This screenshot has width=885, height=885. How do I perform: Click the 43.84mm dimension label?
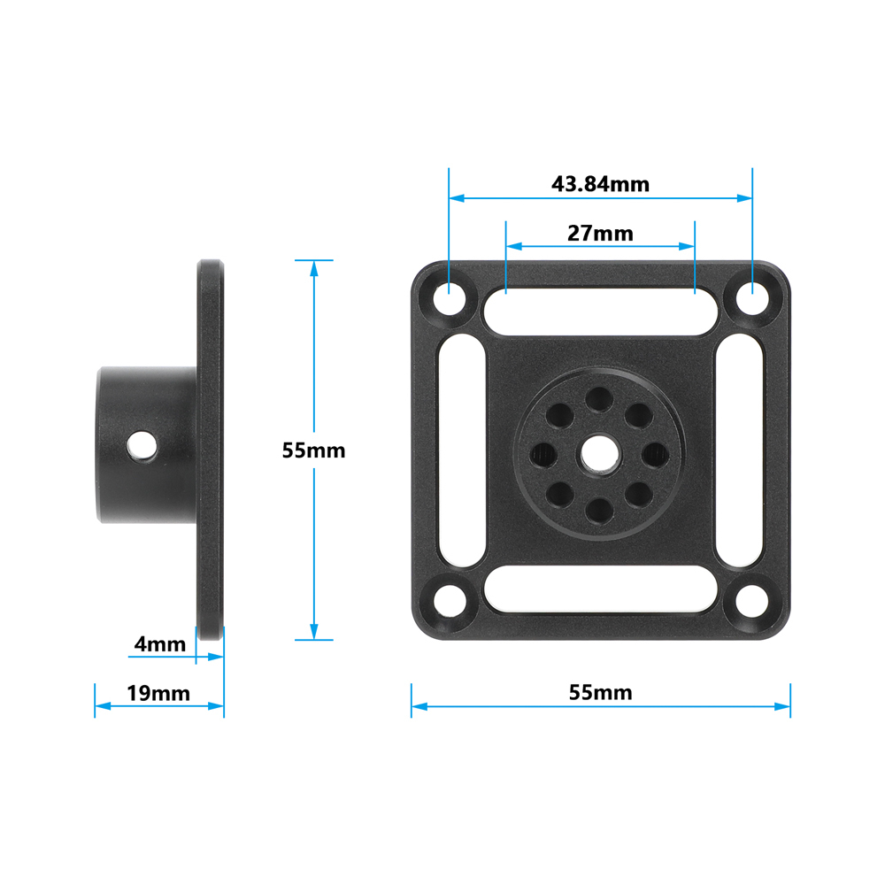click(600, 184)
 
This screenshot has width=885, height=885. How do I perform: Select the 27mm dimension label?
click(600, 233)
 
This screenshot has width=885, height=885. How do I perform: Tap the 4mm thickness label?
click(159, 643)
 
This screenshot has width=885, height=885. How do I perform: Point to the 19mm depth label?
click(158, 693)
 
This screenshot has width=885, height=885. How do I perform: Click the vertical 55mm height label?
click(313, 450)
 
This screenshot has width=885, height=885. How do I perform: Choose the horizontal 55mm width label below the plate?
click(600, 692)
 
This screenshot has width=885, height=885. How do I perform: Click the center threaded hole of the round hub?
click(601, 452)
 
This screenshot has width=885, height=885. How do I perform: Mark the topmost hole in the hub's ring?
click(601, 397)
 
